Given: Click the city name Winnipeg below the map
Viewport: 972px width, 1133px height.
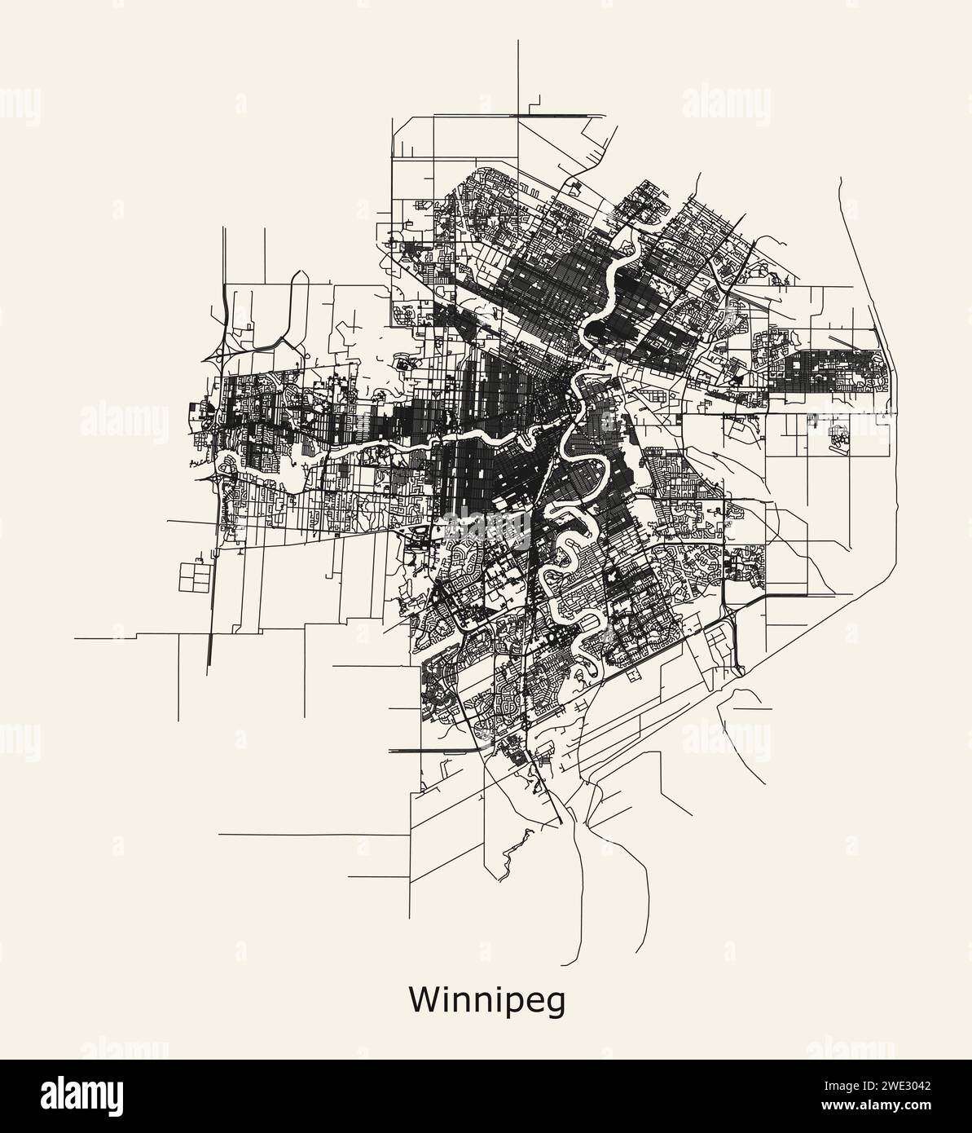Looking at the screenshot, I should coord(487,1001).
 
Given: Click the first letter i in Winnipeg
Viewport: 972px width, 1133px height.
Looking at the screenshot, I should coord(445,999).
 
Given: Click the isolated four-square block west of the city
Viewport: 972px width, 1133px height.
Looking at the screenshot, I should coord(194,575).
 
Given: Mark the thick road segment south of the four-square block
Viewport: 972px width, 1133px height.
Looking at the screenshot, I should coord(210,652).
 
